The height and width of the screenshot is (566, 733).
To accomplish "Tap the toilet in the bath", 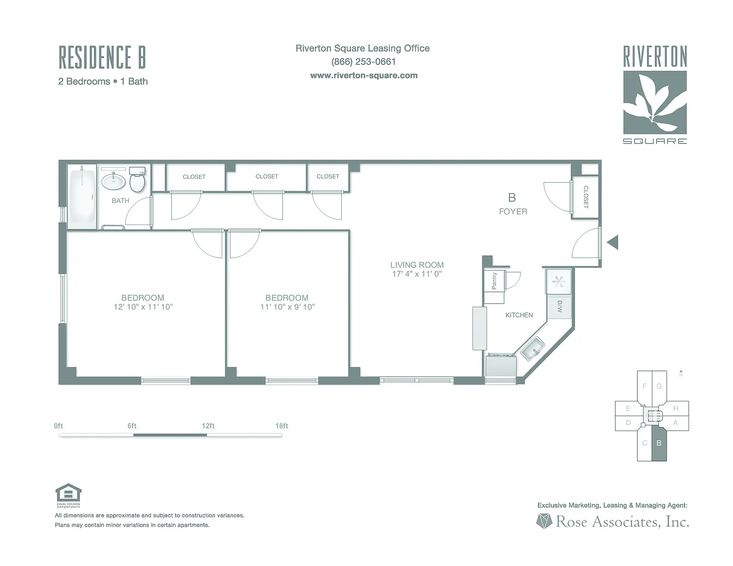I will click(137, 180).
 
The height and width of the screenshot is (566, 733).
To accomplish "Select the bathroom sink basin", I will click(114, 181).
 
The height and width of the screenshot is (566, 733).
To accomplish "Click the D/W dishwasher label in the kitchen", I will click(559, 308).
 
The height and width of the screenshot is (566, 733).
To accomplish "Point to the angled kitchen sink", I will click(532, 349).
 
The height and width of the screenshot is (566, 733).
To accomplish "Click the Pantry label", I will click(494, 281).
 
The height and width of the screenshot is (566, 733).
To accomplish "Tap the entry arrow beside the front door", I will click(613, 242).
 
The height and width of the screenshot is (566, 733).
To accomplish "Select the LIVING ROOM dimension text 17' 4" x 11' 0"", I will click(417, 274).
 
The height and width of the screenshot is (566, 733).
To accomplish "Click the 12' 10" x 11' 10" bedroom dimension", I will click(143, 307).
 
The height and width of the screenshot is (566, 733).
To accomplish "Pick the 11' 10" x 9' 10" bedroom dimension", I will click(288, 307).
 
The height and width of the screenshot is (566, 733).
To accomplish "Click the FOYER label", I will click(513, 212).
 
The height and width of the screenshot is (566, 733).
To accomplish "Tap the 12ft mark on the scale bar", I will click(207, 426).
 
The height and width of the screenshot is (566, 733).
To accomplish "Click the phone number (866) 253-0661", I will click(363, 62).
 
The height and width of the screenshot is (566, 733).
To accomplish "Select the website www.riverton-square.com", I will click(364, 76).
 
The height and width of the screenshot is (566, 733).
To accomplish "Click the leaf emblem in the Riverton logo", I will click(655, 102).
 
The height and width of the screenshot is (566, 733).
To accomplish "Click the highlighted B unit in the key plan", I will click(659, 443).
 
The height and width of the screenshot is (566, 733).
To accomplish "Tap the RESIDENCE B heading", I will click(102, 57).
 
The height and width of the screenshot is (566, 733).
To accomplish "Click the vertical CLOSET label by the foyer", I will click(586, 197).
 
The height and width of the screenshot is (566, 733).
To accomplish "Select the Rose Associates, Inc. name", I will click(622, 522).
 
